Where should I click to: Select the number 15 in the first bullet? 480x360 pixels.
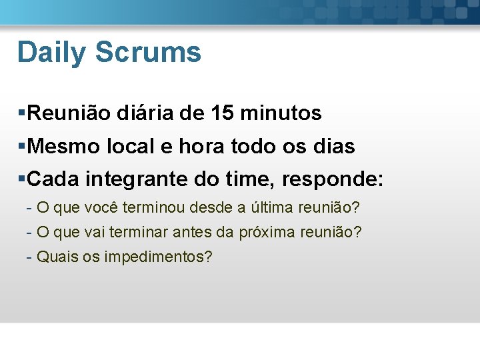point(221,113)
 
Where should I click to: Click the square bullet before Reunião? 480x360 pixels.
point(22,113)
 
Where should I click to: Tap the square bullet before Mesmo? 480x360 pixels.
point(22,146)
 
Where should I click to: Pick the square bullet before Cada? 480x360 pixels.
point(22,179)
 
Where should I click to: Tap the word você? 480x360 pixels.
point(100,208)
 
